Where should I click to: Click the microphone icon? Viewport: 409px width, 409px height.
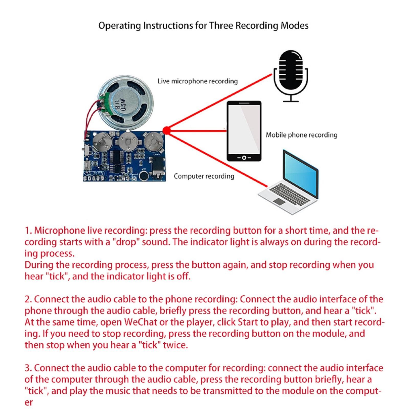291,74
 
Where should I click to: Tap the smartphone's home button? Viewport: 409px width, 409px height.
244,157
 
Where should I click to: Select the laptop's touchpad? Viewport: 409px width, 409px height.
279,202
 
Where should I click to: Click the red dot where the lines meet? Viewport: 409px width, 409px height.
166,131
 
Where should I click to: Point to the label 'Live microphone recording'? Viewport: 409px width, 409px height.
197,81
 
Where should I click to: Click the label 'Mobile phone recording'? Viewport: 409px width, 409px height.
301,135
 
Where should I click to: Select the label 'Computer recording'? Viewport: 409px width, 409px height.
204,176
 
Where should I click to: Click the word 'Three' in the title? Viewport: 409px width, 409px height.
221,26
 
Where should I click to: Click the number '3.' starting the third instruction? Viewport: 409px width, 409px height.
28,368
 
